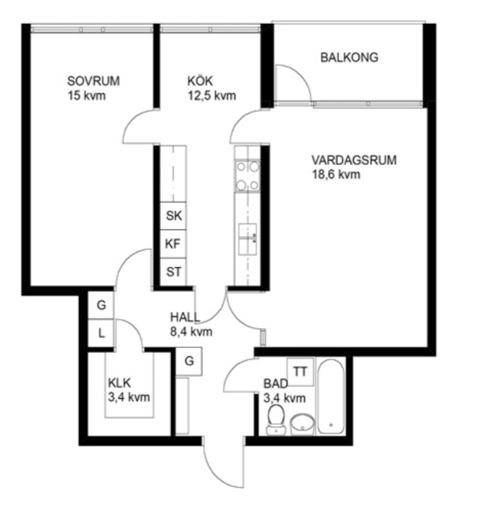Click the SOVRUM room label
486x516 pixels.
coord(93,81)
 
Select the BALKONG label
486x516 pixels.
coord(349,58)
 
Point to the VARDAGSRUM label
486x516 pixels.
coord(354,160)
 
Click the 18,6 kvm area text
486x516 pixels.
coord(336,174)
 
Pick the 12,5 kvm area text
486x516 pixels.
coord(211,96)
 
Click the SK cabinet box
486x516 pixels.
coord(173,216)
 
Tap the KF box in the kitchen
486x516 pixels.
coord(173,244)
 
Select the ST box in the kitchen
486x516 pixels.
coord(173,272)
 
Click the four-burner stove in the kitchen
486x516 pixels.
coord(247,176)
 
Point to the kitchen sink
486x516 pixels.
coord(248,240)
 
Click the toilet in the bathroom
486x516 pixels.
coord(276,419)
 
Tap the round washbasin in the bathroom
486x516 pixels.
coord(302,425)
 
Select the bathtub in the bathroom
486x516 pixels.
coord(331,397)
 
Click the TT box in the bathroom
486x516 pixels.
coord(300,372)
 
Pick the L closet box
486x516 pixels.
coord(101,333)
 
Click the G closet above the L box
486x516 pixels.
coord(101,305)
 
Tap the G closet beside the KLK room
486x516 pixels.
coord(188,361)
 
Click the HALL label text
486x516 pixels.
coord(185,317)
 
